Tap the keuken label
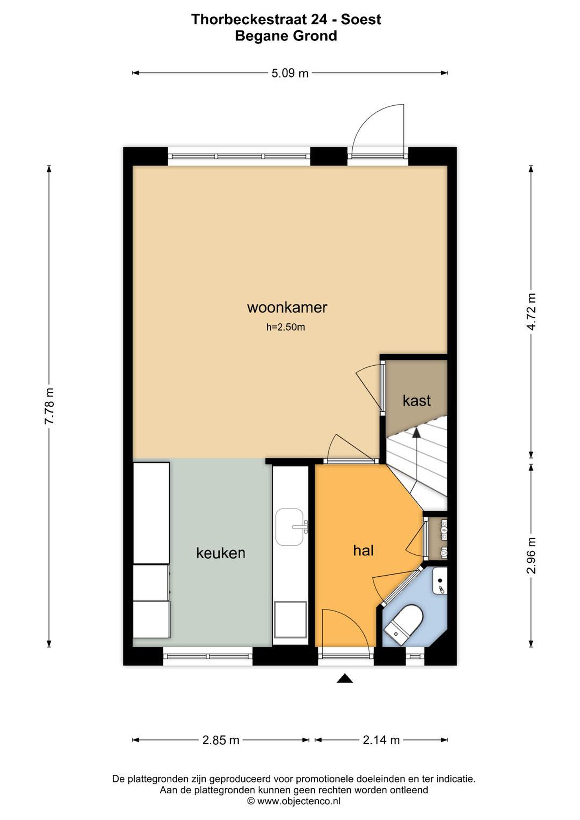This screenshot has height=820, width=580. (221, 553)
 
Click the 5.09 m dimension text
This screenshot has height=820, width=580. (290, 73)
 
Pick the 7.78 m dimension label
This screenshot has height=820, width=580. (49, 406)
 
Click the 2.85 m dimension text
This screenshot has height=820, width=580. (221, 740)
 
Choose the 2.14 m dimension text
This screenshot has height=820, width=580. (381, 740)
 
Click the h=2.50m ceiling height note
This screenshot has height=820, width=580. (285, 327)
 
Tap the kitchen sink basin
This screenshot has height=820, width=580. (289, 527)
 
